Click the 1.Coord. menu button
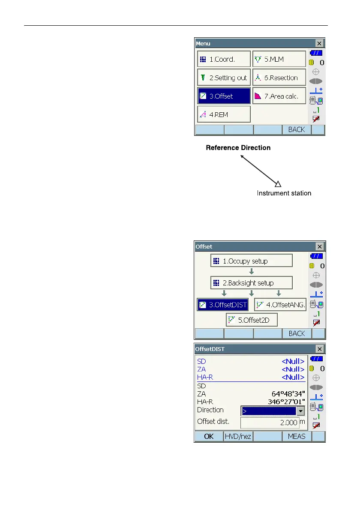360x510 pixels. click(223, 60)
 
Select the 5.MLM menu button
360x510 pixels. click(279, 60)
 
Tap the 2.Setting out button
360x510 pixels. click(223, 78)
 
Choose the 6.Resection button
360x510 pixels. click(279, 78)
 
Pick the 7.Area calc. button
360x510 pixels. click(279, 96)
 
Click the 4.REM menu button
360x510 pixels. click(223, 114)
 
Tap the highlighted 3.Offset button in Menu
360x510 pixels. click(223, 96)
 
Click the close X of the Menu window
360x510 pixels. click(319, 43)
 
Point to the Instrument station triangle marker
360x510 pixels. click(278, 184)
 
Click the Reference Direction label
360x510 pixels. click(238, 147)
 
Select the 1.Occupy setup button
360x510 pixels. click(252, 261)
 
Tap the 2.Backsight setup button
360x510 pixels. click(252, 283)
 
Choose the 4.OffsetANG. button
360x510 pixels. click(280, 305)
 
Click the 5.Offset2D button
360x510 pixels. click(252, 320)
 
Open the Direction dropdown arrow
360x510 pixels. click(301, 411)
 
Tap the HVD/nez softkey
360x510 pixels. click(238, 436)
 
